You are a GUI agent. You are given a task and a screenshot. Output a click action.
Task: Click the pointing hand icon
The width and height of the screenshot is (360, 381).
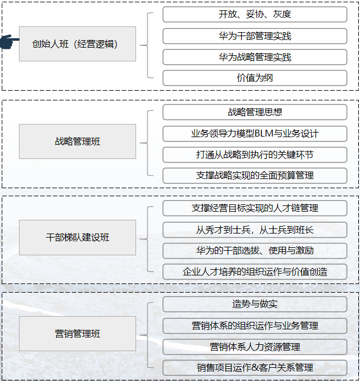[x=9, y=41]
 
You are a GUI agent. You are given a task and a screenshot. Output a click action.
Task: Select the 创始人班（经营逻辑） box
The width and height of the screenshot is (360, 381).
[x=78, y=44]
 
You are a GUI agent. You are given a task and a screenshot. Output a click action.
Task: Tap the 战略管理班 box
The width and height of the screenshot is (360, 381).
[x=78, y=141]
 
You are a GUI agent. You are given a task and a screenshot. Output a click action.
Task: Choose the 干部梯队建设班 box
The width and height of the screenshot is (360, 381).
[x=78, y=238]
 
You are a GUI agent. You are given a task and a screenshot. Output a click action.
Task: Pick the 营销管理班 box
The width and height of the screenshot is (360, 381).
[x=78, y=333]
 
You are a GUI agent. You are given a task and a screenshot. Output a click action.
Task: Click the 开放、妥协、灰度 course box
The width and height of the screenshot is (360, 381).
[x=255, y=14]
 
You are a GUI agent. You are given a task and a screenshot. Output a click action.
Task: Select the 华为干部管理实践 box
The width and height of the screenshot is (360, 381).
[x=255, y=36]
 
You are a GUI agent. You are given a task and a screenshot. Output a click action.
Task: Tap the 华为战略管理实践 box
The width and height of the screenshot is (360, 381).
[x=255, y=57]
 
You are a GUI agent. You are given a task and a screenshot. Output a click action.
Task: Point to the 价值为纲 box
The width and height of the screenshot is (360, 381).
[x=255, y=78]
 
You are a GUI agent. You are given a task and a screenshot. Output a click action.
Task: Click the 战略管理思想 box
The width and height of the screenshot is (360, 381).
[x=255, y=112]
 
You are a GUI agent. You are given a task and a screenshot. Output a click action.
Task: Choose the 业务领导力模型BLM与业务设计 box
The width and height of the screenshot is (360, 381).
[x=255, y=134]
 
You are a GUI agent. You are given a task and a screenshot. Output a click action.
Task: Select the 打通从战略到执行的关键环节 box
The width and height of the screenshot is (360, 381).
[x=255, y=155]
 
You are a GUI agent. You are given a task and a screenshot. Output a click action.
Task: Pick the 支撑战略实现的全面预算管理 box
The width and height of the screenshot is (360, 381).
[x=255, y=176]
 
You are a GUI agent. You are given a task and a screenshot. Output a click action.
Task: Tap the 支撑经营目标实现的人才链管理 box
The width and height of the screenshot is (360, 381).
[x=255, y=208]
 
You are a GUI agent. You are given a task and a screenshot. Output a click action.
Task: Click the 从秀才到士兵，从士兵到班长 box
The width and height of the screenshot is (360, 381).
[x=255, y=230]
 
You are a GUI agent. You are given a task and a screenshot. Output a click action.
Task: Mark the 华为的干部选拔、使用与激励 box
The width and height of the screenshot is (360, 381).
[x=255, y=251]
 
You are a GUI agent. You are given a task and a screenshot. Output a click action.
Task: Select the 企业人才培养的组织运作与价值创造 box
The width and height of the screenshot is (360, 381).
[x=255, y=272]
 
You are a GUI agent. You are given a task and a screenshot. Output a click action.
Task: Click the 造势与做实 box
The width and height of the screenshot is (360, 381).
[x=255, y=304]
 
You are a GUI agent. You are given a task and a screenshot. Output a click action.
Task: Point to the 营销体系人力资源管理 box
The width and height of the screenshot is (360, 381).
[x=255, y=347]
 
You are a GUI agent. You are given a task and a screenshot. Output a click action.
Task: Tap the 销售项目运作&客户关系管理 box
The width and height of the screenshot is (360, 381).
[x=255, y=368]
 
